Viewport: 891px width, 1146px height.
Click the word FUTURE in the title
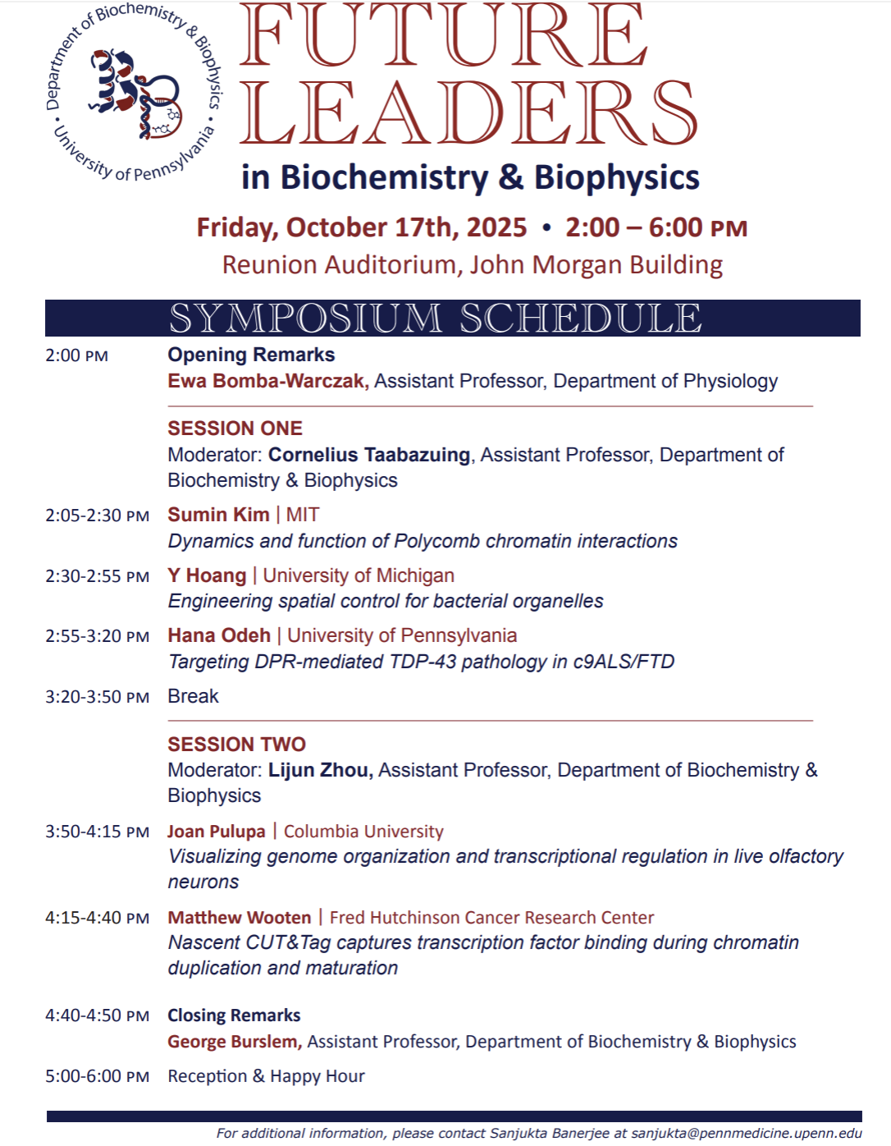(444, 36)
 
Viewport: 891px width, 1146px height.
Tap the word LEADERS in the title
(468, 113)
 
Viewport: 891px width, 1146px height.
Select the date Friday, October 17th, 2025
(362, 227)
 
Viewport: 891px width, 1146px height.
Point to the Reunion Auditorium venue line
(472, 265)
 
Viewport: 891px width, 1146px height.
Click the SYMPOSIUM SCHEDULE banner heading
(436, 319)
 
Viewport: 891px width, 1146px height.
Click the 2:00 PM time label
(76, 356)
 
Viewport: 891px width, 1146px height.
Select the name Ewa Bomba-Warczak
(267, 381)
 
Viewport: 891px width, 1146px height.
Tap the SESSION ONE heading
(235, 429)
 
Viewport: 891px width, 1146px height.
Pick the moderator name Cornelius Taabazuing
(369, 455)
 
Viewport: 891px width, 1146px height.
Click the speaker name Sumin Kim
(218, 515)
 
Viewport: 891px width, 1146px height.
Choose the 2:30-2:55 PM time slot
(97, 576)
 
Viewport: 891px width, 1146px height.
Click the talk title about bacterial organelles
(386, 601)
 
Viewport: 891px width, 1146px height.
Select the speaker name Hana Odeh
(219, 635)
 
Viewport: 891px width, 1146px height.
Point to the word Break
(193, 696)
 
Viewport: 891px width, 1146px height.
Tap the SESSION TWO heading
(236, 745)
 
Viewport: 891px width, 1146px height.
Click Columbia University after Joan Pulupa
(363, 832)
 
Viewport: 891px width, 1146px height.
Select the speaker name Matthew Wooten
(240, 918)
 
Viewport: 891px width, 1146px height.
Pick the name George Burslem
(234, 1042)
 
